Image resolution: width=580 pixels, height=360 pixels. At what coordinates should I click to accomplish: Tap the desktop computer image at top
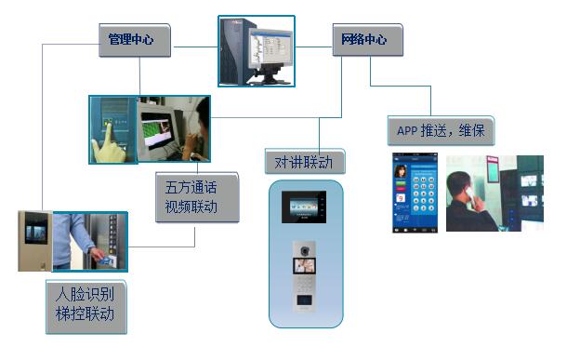click(257, 50)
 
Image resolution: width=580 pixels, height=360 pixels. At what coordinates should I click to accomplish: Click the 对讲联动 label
click(304, 162)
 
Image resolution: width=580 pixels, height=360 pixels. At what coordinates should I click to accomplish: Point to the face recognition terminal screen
click(36, 232)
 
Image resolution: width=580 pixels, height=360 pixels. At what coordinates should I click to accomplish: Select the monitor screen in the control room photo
click(156, 129)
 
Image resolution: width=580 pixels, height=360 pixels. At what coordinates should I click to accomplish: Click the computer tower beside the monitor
click(235, 52)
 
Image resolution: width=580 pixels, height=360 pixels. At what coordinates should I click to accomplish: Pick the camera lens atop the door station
click(306, 248)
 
